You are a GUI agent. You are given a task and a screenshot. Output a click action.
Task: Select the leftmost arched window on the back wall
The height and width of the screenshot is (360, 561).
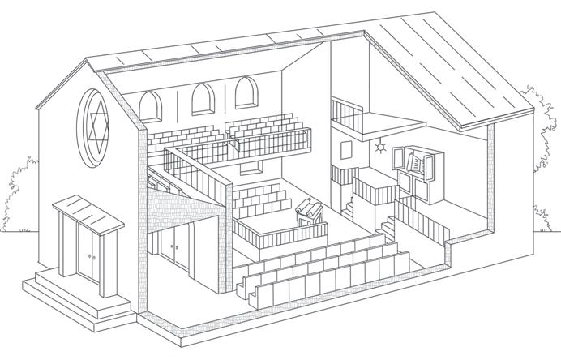[150, 106]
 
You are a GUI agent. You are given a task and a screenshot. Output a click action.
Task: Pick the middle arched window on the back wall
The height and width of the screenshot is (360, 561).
[199, 100]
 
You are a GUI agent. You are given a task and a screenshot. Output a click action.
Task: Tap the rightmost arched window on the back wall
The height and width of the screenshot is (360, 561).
[244, 93]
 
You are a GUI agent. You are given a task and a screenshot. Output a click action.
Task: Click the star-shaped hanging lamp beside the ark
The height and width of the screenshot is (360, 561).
[379, 148]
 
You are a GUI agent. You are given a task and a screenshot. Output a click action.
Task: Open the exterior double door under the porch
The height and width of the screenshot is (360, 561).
[85, 253]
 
